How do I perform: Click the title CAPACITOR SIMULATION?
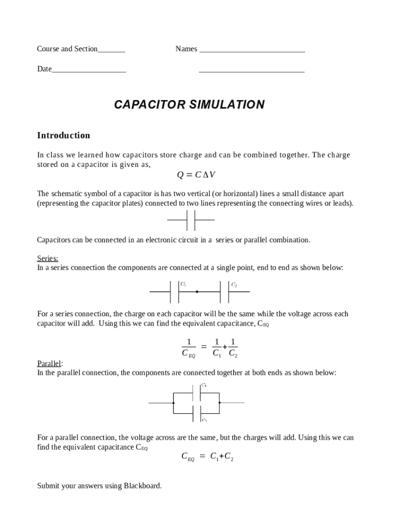pos(189,105)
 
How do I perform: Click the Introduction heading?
pos(63,135)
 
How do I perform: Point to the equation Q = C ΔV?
pos(196,175)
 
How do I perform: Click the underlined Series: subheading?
pos(48,258)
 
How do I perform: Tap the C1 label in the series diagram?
pos(183,285)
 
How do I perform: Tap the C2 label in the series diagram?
pos(234,285)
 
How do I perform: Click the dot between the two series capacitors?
pos(197,292)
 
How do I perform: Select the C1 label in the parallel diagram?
pos(204,385)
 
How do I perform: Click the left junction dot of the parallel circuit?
pos(173,402)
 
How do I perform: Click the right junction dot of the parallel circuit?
pos(220,402)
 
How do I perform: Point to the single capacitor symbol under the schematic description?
pos(191,220)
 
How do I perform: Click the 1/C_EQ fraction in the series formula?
pos(189,348)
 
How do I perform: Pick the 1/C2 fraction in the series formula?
pos(233,348)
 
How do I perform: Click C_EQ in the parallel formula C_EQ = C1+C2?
pos(188,457)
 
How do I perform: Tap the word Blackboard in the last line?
pos(142,486)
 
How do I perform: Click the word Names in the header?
pos(186,49)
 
